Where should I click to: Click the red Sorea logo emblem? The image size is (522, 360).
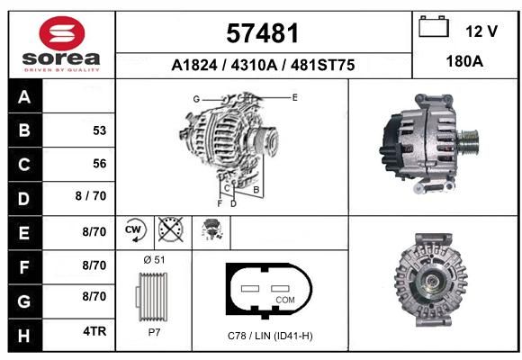tap(62, 33)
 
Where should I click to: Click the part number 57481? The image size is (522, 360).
tap(262, 33)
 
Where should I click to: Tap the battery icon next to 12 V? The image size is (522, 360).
tap(434, 27)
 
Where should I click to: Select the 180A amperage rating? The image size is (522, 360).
tap(464, 61)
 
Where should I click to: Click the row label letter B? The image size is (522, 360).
tap(24, 130)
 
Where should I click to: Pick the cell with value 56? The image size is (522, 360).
tap(78, 164)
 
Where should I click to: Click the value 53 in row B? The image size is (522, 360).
tap(100, 130)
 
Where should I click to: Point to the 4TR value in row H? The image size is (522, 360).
tap(94, 331)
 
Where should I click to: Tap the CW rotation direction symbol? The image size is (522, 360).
tap(134, 230)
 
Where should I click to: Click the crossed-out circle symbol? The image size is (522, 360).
tap(170, 229)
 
